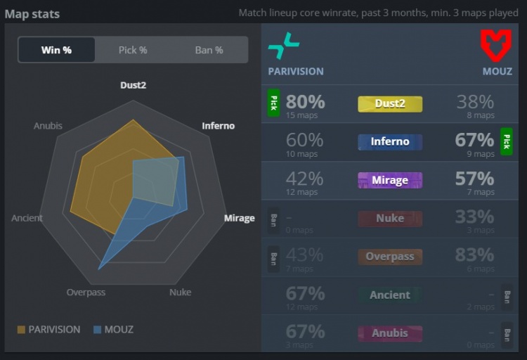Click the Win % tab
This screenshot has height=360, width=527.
pyautogui.click(x=56, y=50)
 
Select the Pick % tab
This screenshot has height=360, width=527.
pyautogui.click(x=133, y=50)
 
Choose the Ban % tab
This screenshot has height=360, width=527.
pyautogui.click(x=209, y=50)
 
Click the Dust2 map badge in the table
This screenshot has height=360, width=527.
pyautogui.click(x=390, y=104)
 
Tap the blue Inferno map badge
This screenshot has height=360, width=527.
pyautogui.click(x=390, y=142)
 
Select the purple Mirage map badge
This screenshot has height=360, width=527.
pyautogui.click(x=390, y=180)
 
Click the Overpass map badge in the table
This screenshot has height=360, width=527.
pyautogui.click(x=390, y=257)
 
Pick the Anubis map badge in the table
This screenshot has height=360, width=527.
pyautogui.click(x=390, y=333)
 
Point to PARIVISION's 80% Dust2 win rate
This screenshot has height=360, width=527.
pyautogui.click(x=305, y=101)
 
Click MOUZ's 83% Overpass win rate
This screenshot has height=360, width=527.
pyautogui.click(x=474, y=254)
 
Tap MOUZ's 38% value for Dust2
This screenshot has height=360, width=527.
pyautogui.click(x=475, y=101)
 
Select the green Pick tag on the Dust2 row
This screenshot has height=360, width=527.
pyautogui.click(x=273, y=103)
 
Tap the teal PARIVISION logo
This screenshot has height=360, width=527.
pyautogui.click(x=283, y=46)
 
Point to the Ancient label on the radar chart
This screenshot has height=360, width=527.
pyautogui.click(x=27, y=218)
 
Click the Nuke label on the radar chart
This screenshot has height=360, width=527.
pyautogui.click(x=180, y=292)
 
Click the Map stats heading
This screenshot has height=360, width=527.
pyautogui.click(x=32, y=13)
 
